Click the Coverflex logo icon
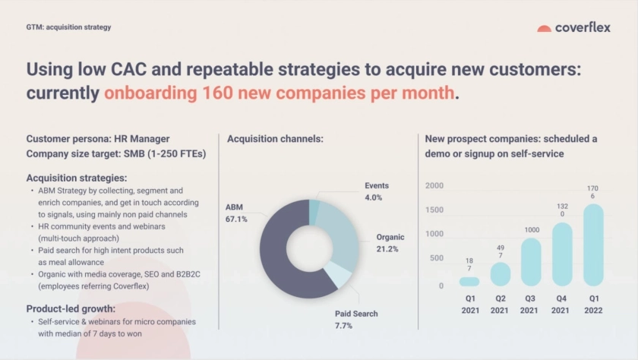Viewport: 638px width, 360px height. pos(544,28)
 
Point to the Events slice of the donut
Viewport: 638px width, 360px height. pos(314,211)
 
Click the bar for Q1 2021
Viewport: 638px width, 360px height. pos(469,281)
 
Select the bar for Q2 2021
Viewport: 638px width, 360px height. pos(500,273)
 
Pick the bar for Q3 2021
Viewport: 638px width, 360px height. pos(531,262)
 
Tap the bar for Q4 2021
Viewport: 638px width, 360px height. pos(562,254)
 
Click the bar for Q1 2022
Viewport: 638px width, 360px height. pos(593,245)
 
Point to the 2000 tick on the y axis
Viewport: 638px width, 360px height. pos(434,186)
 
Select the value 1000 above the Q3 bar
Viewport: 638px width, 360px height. pos(531,230)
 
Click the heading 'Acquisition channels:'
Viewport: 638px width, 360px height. pos(275,139)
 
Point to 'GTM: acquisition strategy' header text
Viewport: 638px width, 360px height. pos(68,27)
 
